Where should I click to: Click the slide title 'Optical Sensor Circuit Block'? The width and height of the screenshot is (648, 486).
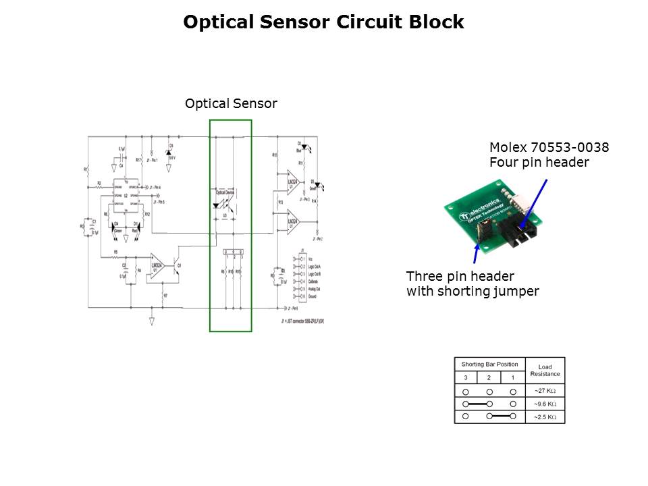coord(323,22)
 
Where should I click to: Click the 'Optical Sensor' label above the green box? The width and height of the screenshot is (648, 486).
coord(231,104)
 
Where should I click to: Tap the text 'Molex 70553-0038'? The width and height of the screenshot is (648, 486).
coord(549,147)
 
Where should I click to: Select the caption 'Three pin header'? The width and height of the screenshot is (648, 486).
coord(460,277)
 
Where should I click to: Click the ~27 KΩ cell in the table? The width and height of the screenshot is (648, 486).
coord(545,391)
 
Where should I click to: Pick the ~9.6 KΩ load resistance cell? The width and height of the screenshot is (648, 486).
coord(545,404)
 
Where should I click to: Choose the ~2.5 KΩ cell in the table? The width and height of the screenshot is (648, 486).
coord(545,417)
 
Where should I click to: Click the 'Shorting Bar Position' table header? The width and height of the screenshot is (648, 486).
coord(489,364)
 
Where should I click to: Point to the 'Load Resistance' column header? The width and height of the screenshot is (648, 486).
coord(545,371)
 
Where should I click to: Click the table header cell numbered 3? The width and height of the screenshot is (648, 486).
coord(466,378)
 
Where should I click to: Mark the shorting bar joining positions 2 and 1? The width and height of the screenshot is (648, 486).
coord(502,417)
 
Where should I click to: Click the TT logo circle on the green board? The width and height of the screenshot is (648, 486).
coord(465,216)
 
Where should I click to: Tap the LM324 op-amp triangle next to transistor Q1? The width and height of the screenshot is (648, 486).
coord(157,265)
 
